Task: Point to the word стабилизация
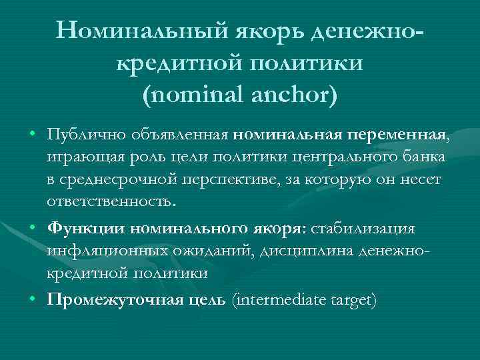click(x=363, y=229)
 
